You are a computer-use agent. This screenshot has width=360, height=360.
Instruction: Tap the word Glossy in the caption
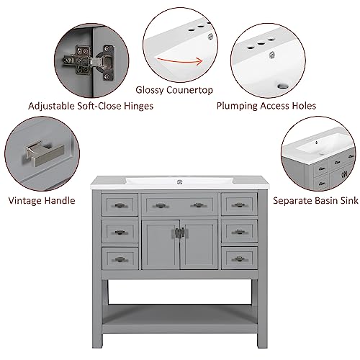[151, 90]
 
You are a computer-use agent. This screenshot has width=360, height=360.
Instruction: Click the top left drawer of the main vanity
[120, 205]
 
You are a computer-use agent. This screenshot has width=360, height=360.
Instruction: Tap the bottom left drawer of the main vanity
[120, 258]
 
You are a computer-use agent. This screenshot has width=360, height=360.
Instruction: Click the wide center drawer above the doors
[179, 205]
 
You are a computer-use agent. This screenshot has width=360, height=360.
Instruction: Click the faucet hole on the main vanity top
[179, 177]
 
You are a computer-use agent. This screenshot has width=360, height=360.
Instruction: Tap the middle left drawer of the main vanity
[120, 231]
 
